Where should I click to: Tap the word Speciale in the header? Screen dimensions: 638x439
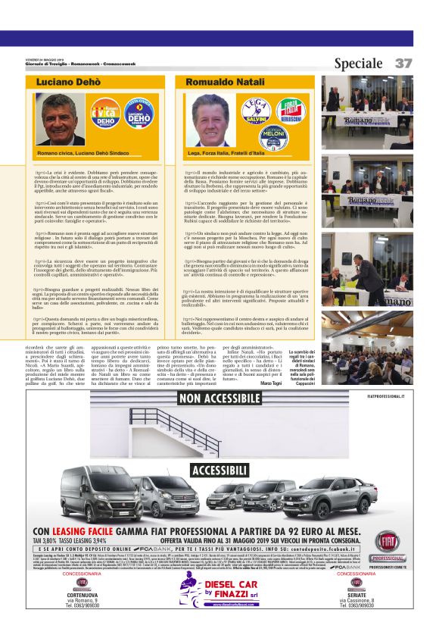click(358, 64)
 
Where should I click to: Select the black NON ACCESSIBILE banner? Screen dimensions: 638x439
click(219, 399)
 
